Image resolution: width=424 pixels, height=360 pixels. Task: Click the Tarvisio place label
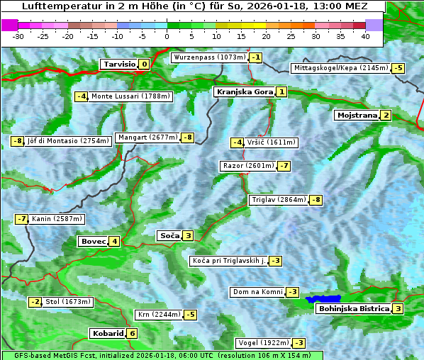[x=118, y=64]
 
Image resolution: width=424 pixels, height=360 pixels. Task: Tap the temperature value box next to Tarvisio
[x=145, y=64]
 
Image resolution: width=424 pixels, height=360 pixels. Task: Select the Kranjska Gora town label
[x=244, y=92]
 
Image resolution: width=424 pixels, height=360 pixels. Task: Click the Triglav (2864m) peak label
[x=278, y=200]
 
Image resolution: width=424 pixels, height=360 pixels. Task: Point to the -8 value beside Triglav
[x=316, y=200]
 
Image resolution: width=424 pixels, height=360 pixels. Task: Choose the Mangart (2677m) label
[x=147, y=137]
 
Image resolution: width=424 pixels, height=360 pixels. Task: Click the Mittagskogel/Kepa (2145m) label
[x=341, y=68]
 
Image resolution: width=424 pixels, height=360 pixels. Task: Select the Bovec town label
[x=93, y=241]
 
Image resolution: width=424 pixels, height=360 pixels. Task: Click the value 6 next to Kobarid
[x=132, y=334]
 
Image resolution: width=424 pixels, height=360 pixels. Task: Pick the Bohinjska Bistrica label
[x=353, y=309]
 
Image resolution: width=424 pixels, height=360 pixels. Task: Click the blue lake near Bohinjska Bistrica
[x=323, y=300]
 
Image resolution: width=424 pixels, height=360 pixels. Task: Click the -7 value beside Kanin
[x=21, y=219]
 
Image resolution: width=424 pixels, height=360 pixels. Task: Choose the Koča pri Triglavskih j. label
[x=228, y=261]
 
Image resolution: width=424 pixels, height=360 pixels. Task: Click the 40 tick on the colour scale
[x=365, y=35]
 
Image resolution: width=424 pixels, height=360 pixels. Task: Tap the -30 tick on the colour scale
[x=18, y=35]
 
